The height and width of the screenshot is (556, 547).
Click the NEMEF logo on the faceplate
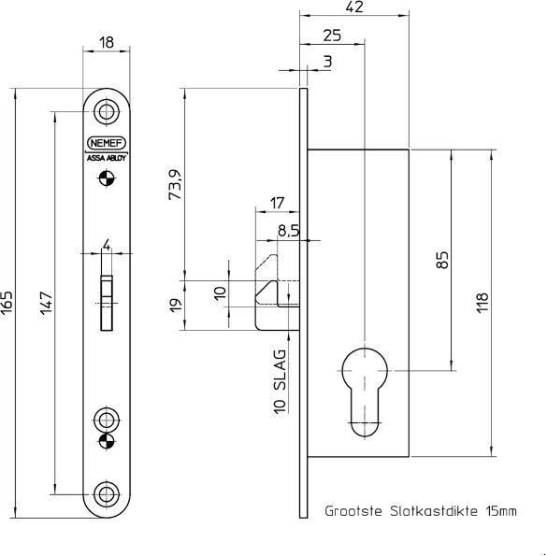click(108, 143)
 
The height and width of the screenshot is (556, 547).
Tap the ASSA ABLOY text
click(108, 158)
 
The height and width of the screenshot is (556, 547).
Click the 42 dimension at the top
click(355, 7)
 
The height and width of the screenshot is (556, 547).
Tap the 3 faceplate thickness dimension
click(327, 62)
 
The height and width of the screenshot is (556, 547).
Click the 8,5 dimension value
click(287, 232)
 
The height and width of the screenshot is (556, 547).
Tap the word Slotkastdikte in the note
click(419, 511)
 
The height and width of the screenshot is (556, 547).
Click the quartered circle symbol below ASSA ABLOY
click(108, 183)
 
